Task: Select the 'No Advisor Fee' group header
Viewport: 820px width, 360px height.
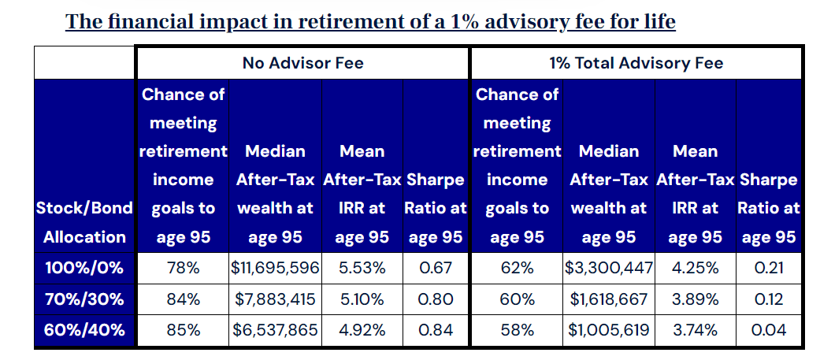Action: point(302,62)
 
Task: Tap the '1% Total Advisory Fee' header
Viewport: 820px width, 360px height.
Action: point(636,62)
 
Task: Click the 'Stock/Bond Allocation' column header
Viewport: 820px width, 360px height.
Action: point(84,223)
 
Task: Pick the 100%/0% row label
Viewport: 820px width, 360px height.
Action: point(84,268)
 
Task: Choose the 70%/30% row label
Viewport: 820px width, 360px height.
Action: point(84,299)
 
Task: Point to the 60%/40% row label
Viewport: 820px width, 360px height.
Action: point(84,330)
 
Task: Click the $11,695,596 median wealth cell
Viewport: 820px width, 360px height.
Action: point(275,268)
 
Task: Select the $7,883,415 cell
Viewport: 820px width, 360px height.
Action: point(275,299)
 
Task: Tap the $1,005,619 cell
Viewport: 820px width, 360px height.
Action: point(609,330)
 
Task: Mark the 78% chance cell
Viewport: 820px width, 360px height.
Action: point(184,268)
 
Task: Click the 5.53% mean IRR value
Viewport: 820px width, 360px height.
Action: point(362,268)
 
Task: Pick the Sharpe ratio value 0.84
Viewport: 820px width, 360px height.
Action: point(436,330)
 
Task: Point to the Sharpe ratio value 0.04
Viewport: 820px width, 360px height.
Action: point(769,330)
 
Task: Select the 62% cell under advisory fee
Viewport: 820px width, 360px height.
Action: point(517,268)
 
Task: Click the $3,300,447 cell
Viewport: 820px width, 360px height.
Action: point(609,268)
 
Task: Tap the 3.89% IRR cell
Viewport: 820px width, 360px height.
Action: point(695,299)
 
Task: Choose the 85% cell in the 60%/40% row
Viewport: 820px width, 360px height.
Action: point(184,330)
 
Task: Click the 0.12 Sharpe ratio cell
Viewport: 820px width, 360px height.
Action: point(769,299)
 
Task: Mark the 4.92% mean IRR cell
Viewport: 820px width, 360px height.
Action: point(362,330)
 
